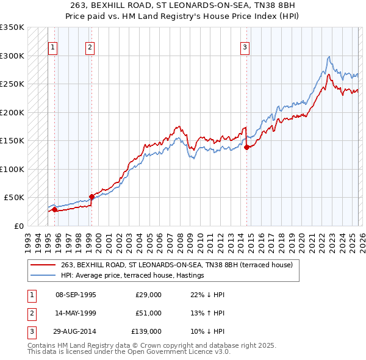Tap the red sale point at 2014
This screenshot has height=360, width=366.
click(x=246, y=147)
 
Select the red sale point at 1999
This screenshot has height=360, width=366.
click(x=91, y=196)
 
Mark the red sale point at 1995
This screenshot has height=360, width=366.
click(x=54, y=209)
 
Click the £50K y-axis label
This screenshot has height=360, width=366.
click(x=13, y=198)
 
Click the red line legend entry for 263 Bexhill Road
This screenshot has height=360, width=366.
click(x=177, y=265)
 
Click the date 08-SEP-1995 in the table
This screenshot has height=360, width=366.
click(x=76, y=295)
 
